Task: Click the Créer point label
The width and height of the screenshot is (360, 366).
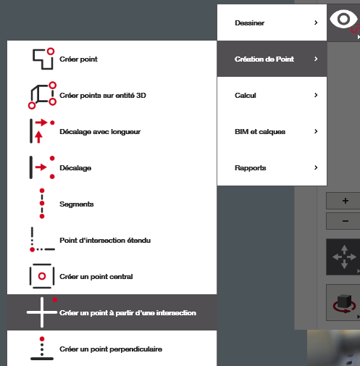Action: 78,59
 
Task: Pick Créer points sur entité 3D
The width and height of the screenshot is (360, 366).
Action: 103,96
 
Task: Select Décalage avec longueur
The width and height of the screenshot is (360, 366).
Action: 100,132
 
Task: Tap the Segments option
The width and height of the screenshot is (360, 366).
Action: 77,204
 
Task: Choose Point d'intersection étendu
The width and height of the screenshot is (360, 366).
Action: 105,241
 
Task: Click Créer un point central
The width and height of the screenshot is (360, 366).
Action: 96,277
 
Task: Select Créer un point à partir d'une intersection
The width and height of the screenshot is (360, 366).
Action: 127,313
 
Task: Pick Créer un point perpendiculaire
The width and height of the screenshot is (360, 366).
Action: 111,349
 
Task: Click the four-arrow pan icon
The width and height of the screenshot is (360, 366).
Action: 344,257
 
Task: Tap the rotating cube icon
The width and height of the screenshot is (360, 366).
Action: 344,304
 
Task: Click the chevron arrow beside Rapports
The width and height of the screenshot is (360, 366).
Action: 316,167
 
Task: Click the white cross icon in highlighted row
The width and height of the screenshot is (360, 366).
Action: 42,312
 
